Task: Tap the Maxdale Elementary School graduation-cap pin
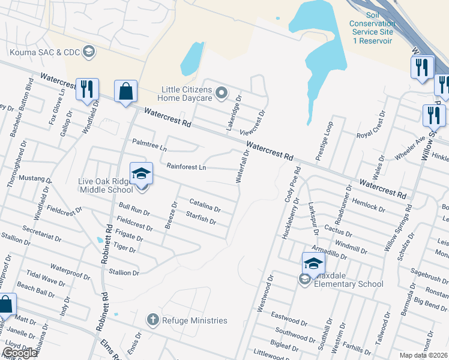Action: (313, 263)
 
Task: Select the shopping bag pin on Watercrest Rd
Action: (125, 92)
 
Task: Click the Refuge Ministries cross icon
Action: (154, 320)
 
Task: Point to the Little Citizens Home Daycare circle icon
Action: (221, 92)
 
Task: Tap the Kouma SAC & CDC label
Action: (46, 52)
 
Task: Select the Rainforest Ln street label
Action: (186, 167)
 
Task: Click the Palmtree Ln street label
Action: (149, 144)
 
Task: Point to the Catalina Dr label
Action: (205, 205)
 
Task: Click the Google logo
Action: (20, 353)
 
